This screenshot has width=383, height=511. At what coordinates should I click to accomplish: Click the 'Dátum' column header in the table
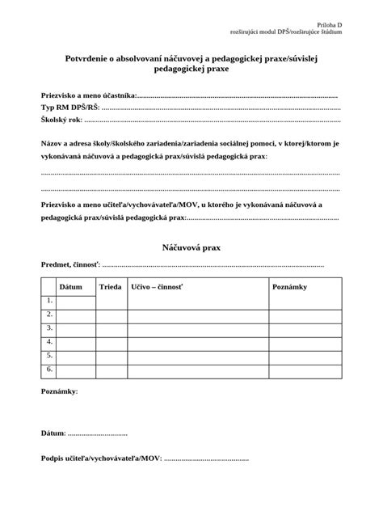click(x=71, y=287)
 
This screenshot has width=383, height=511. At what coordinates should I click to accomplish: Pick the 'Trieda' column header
click(x=110, y=287)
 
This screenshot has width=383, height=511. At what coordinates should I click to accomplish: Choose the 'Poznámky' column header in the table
click(x=289, y=287)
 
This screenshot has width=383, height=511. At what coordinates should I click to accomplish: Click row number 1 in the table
click(x=49, y=301)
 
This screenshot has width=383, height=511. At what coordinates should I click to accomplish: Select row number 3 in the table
click(x=49, y=328)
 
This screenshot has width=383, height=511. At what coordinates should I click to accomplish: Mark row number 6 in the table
click(x=49, y=370)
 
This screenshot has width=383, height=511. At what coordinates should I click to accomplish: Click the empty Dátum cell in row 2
click(x=77, y=315)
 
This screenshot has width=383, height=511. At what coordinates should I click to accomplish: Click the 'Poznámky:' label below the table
click(x=60, y=392)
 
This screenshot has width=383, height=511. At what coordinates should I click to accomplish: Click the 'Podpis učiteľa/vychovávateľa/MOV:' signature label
click(x=101, y=459)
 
